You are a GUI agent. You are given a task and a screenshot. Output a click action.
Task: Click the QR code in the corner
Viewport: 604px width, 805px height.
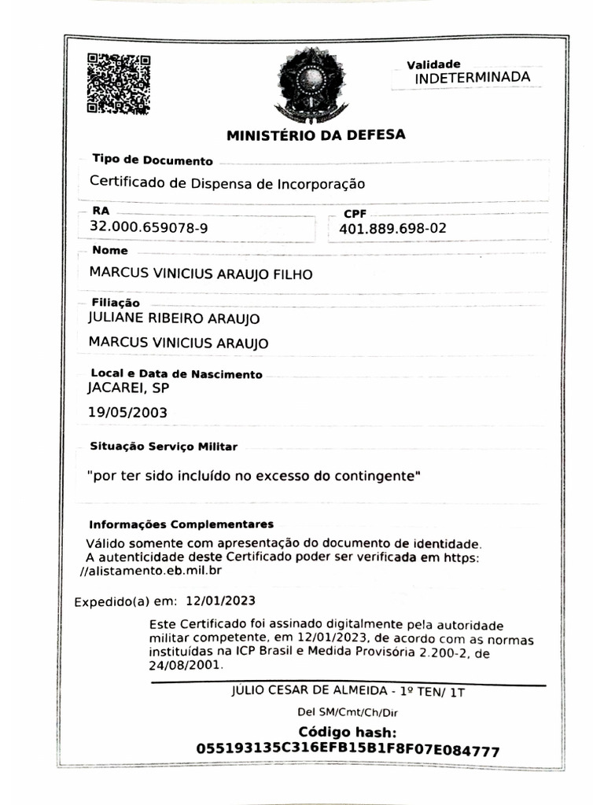pos(118,83)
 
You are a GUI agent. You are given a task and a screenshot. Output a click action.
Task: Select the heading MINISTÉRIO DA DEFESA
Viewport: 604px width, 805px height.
pos(316,135)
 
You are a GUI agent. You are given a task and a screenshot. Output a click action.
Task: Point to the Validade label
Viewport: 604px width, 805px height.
pos(433,64)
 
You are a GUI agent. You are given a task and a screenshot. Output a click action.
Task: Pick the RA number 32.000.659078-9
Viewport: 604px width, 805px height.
pos(149,228)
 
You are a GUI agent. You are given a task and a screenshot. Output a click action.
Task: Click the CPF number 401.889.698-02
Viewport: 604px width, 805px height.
pos(392,229)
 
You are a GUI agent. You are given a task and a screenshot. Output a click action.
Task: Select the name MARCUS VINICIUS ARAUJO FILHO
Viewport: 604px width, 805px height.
pos(201,274)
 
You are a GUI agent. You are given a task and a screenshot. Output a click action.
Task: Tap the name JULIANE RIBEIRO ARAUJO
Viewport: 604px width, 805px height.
pos(174,318)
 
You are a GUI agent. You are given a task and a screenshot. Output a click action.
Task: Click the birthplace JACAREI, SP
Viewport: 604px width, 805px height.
pos(128,388)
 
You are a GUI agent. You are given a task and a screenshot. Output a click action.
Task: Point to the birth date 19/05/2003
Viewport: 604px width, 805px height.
pos(127,413)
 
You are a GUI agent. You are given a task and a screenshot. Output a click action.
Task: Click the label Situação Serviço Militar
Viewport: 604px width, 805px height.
pos(164,447)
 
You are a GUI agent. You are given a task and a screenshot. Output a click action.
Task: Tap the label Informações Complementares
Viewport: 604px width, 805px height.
pos(181,524)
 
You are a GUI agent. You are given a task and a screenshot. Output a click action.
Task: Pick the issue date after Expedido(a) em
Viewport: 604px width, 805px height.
pos(220,602)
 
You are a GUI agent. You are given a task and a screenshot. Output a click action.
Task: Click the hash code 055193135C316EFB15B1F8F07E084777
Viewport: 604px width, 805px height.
pos(348,751)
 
